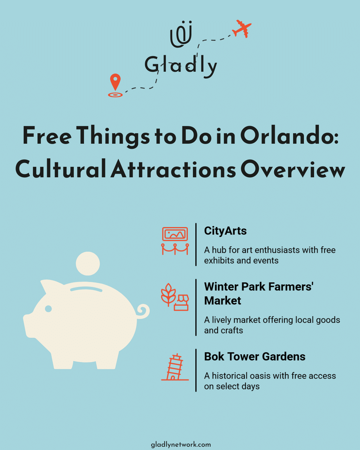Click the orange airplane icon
[x=242, y=29]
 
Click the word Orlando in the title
[x=289, y=136]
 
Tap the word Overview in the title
[x=293, y=169]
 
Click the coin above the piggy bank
[x=88, y=264]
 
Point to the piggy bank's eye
[x=48, y=308]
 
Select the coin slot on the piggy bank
[x=86, y=289]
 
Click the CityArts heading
[x=225, y=231]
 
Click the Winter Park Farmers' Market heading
[x=259, y=293]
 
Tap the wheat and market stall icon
[x=175, y=297]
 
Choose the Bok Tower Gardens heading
[x=255, y=357]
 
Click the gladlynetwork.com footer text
[x=181, y=445]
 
